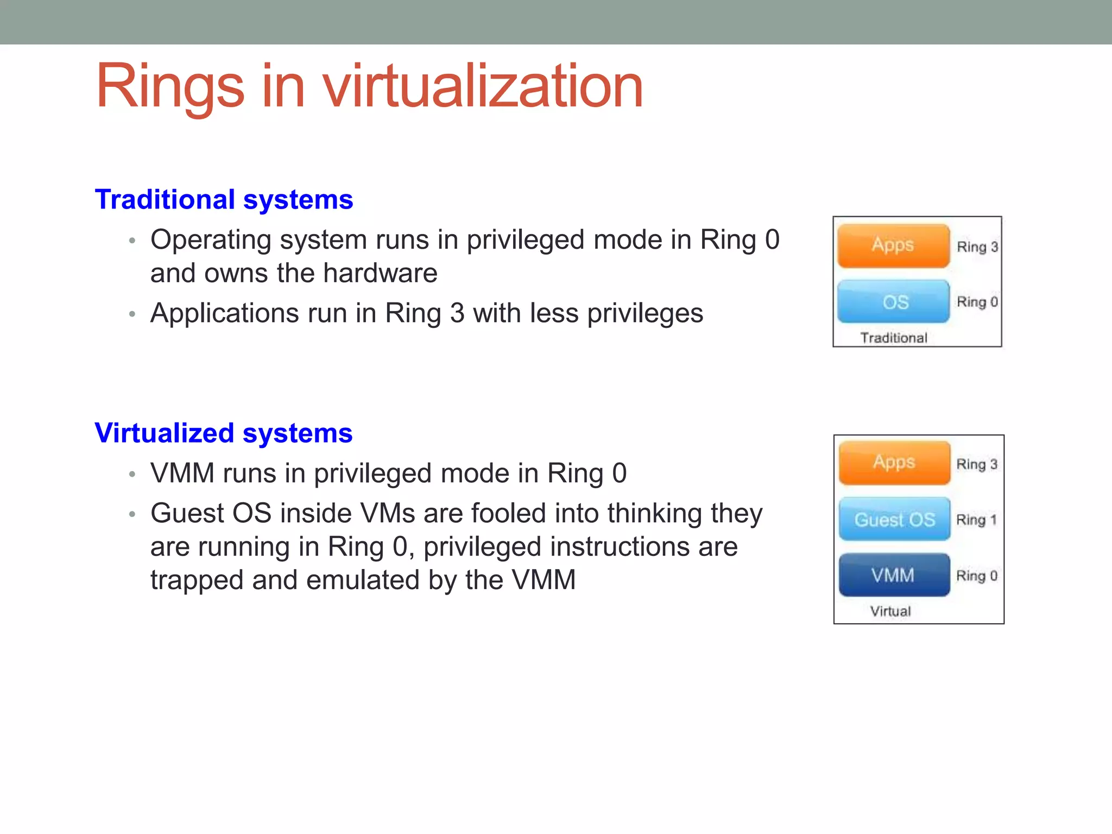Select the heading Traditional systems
224,199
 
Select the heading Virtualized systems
223,433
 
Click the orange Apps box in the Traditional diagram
893,245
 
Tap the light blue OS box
893,302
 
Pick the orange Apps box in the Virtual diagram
894,463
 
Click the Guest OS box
894,519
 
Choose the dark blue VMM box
894,575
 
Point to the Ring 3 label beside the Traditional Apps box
977,247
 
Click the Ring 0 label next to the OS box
977,302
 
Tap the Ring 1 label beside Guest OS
976,520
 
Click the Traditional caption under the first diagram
894,338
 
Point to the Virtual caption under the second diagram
890,611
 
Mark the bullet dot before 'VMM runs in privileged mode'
132,475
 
